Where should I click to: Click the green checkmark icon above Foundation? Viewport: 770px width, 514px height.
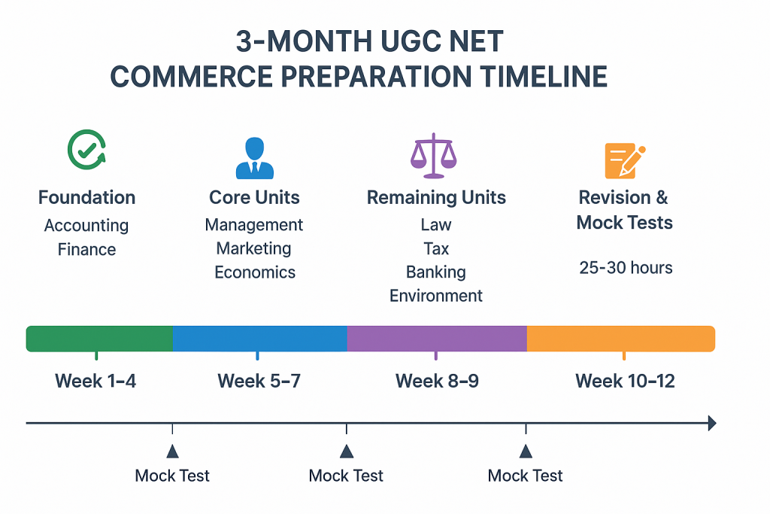point(87,150)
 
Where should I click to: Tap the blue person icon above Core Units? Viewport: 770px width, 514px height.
point(254,158)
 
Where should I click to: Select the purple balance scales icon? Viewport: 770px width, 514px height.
point(434,155)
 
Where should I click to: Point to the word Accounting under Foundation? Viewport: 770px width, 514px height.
point(86,226)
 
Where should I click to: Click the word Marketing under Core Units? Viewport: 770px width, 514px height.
point(254,248)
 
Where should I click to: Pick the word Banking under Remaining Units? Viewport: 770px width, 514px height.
point(436,272)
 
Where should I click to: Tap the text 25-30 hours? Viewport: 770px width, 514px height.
point(626,268)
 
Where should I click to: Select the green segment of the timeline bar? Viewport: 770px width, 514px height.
point(99,339)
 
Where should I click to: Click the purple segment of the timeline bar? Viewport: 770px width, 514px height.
point(437,339)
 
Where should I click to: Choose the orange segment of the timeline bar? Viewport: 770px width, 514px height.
point(621,339)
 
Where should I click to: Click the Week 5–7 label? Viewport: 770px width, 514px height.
point(259,381)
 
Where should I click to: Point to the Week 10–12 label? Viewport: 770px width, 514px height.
point(625,381)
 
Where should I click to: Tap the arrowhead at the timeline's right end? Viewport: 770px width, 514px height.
point(712,423)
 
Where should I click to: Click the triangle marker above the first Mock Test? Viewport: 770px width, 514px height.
point(172,451)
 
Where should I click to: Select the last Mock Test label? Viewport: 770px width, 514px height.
point(525,476)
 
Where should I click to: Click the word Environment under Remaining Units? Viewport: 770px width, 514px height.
point(436,296)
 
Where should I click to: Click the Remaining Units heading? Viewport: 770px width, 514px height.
point(436,197)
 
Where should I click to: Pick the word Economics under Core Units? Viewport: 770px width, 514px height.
point(255,272)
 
